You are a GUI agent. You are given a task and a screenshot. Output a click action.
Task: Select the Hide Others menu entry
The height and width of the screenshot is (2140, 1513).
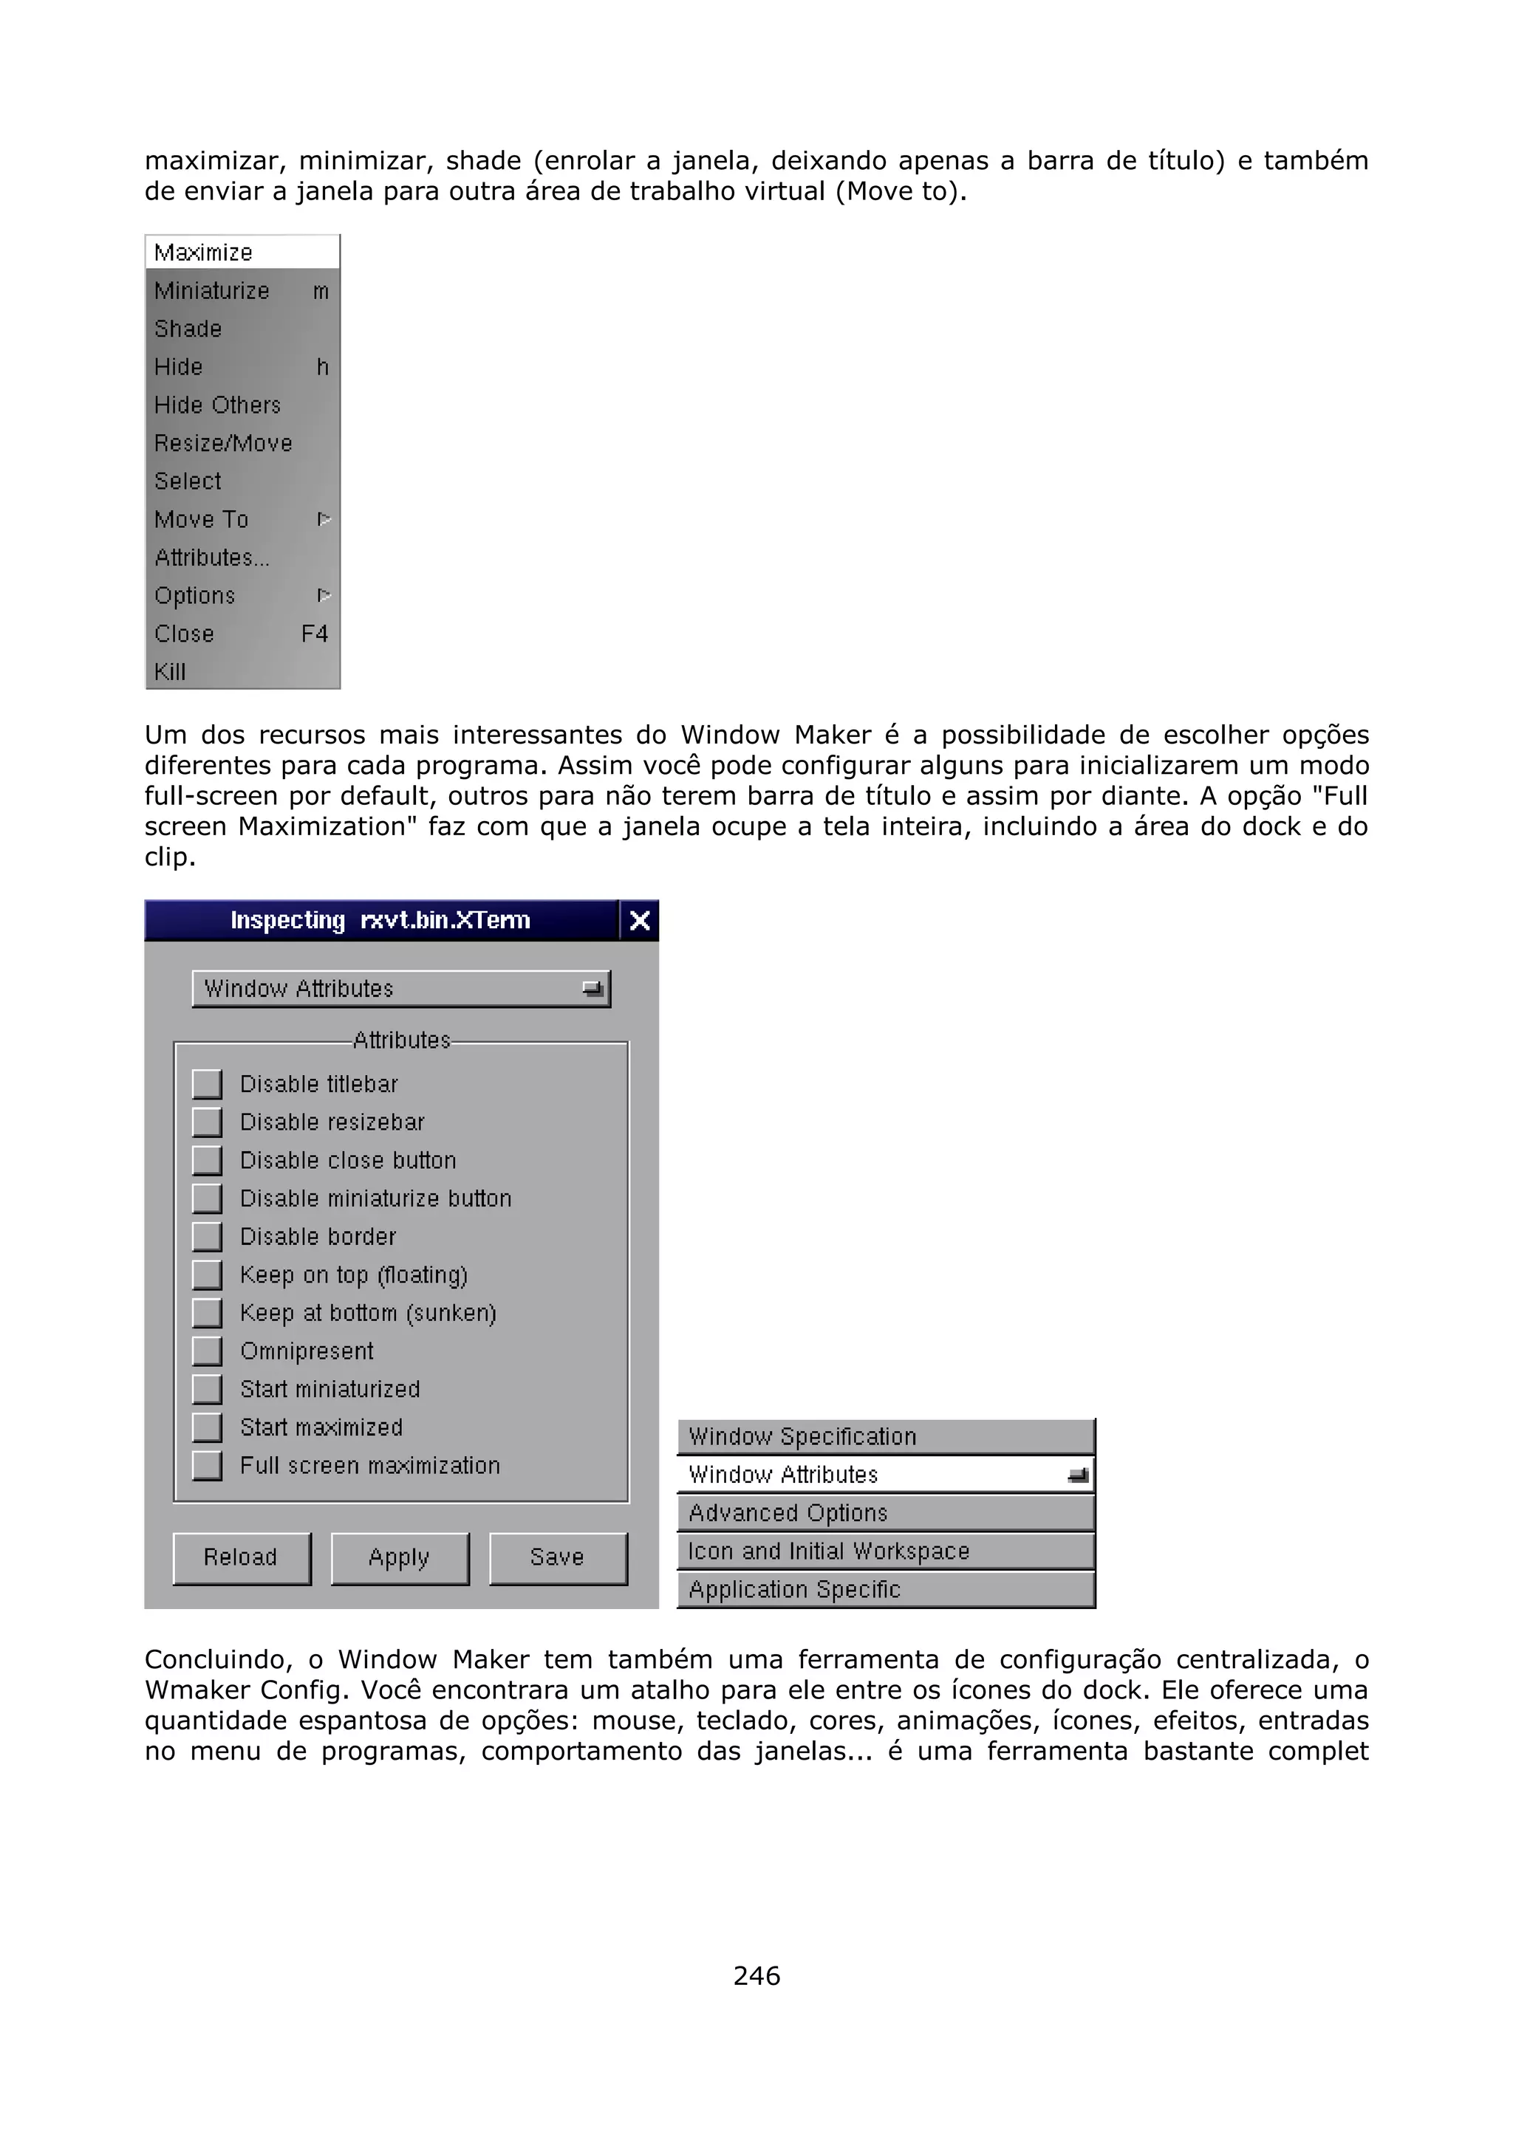point(217,405)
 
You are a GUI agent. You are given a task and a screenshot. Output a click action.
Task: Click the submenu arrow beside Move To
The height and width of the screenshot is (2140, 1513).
point(324,519)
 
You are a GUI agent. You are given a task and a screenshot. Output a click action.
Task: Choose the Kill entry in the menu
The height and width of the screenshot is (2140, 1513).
point(171,672)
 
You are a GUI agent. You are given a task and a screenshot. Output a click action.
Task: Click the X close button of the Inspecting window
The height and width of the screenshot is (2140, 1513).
point(640,921)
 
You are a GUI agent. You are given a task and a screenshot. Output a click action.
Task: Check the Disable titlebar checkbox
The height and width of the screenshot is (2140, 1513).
point(207,1084)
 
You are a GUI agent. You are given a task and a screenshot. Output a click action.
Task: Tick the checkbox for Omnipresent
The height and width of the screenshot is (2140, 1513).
point(207,1351)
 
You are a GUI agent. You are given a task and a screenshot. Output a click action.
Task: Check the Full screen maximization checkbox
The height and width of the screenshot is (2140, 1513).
point(207,1465)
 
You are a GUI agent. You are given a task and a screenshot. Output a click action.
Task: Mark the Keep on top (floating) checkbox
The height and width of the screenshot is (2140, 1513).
point(207,1274)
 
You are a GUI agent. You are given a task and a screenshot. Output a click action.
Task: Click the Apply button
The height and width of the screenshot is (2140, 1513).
point(400,1557)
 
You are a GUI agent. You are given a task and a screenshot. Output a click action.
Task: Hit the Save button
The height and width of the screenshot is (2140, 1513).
point(558,1557)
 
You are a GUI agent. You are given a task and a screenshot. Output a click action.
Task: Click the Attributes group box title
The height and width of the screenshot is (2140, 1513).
point(402,1040)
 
